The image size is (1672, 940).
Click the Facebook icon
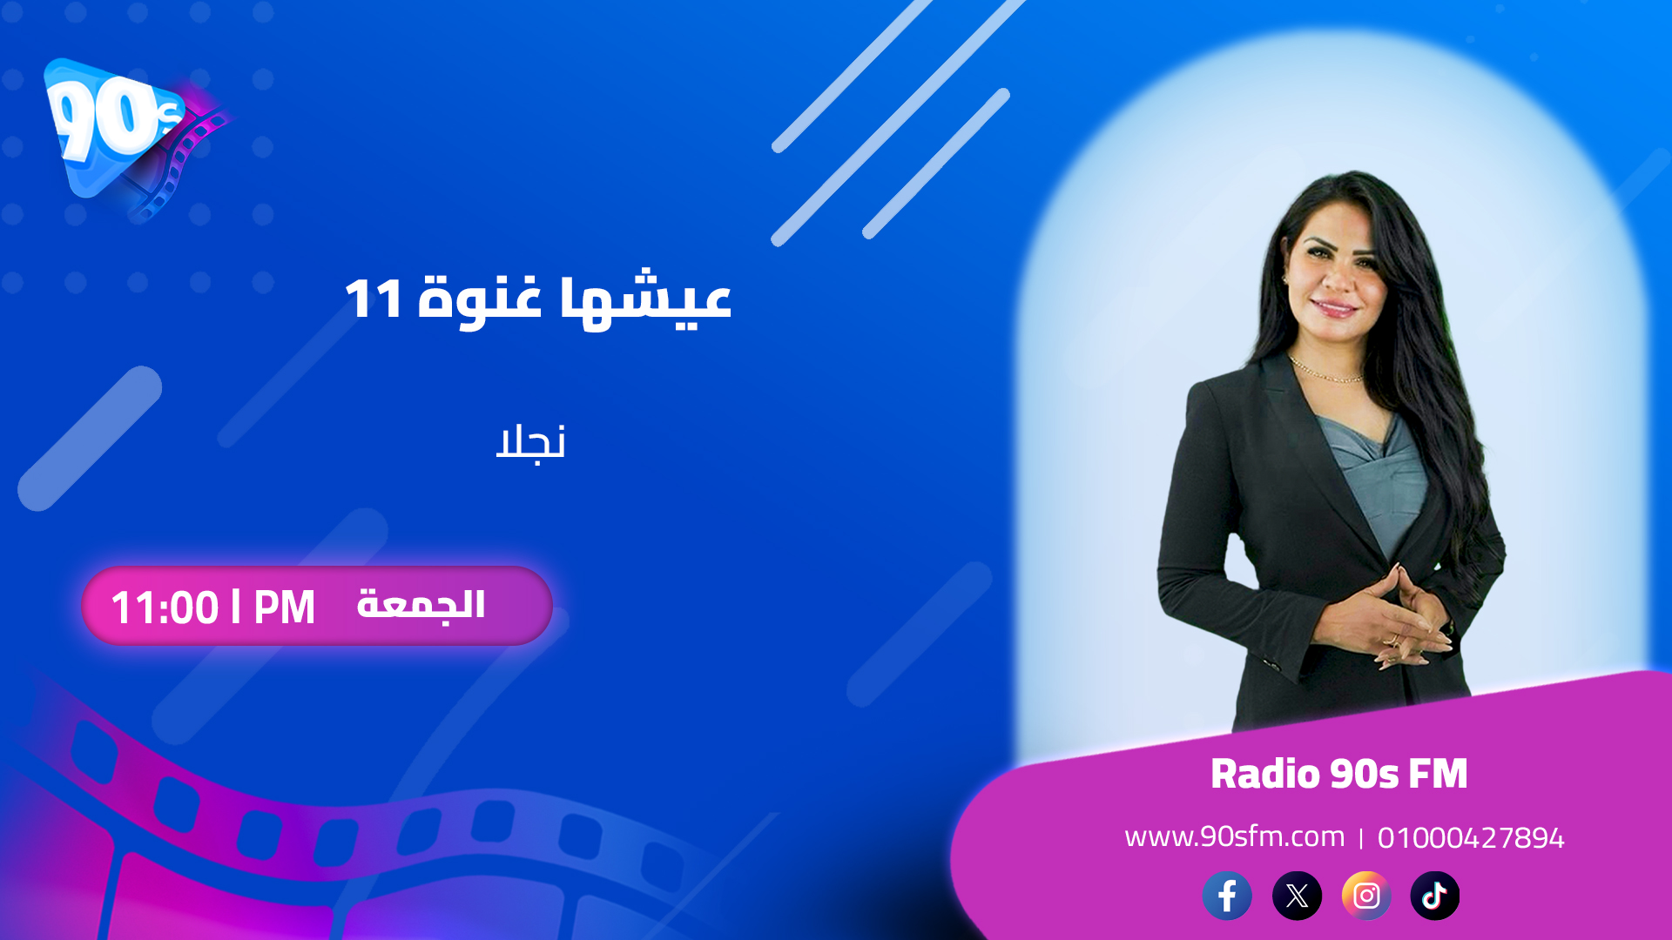point(1227,896)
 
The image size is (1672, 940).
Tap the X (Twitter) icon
point(1297,896)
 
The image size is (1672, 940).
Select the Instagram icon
point(1366,896)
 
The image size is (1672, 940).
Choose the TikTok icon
point(1434,896)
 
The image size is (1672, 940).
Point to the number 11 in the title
point(373,299)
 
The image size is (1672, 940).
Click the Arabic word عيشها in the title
point(645,300)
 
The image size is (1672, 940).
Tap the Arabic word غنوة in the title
point(480,300)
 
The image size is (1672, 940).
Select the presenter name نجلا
point(530,443)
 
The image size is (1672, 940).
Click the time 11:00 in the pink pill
point(165,608)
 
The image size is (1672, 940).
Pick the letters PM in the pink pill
point(284,608)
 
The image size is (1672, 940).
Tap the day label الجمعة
point(421,605)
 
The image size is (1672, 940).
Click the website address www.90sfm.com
point(1234,836)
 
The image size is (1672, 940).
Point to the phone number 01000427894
point(1471,838)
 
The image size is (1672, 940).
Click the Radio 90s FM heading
point(1338,774)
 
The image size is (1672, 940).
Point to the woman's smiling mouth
point(1333,306)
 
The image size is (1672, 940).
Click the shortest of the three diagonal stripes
point(936,164)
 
